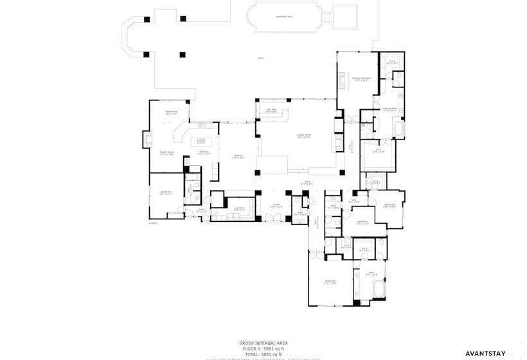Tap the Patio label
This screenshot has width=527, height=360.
tap(260, 59)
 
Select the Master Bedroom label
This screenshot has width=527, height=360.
tap(360, 79)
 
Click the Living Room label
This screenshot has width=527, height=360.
tap(303, 136)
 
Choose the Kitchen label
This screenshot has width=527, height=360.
tap(204, 153)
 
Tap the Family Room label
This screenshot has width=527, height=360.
tap(166, 153)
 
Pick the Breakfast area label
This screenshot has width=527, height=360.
tap(171, 113)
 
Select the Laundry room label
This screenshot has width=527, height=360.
tap(238, 209)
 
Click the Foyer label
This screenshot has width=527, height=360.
tap(276, 206)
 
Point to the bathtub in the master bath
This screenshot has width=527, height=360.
tap(400, 132)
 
